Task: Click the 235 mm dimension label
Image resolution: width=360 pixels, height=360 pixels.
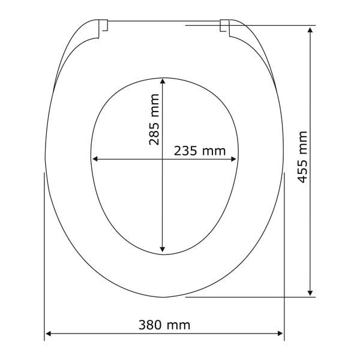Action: (x=200, y=151)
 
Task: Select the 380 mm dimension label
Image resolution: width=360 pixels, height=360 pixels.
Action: (x=164, y=325)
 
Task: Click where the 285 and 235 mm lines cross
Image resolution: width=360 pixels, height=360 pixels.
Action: (x=163, y=160)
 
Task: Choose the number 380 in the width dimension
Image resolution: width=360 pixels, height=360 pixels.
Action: (x=151, y=325)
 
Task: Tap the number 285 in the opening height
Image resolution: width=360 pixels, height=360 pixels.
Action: (x=155, y=133)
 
